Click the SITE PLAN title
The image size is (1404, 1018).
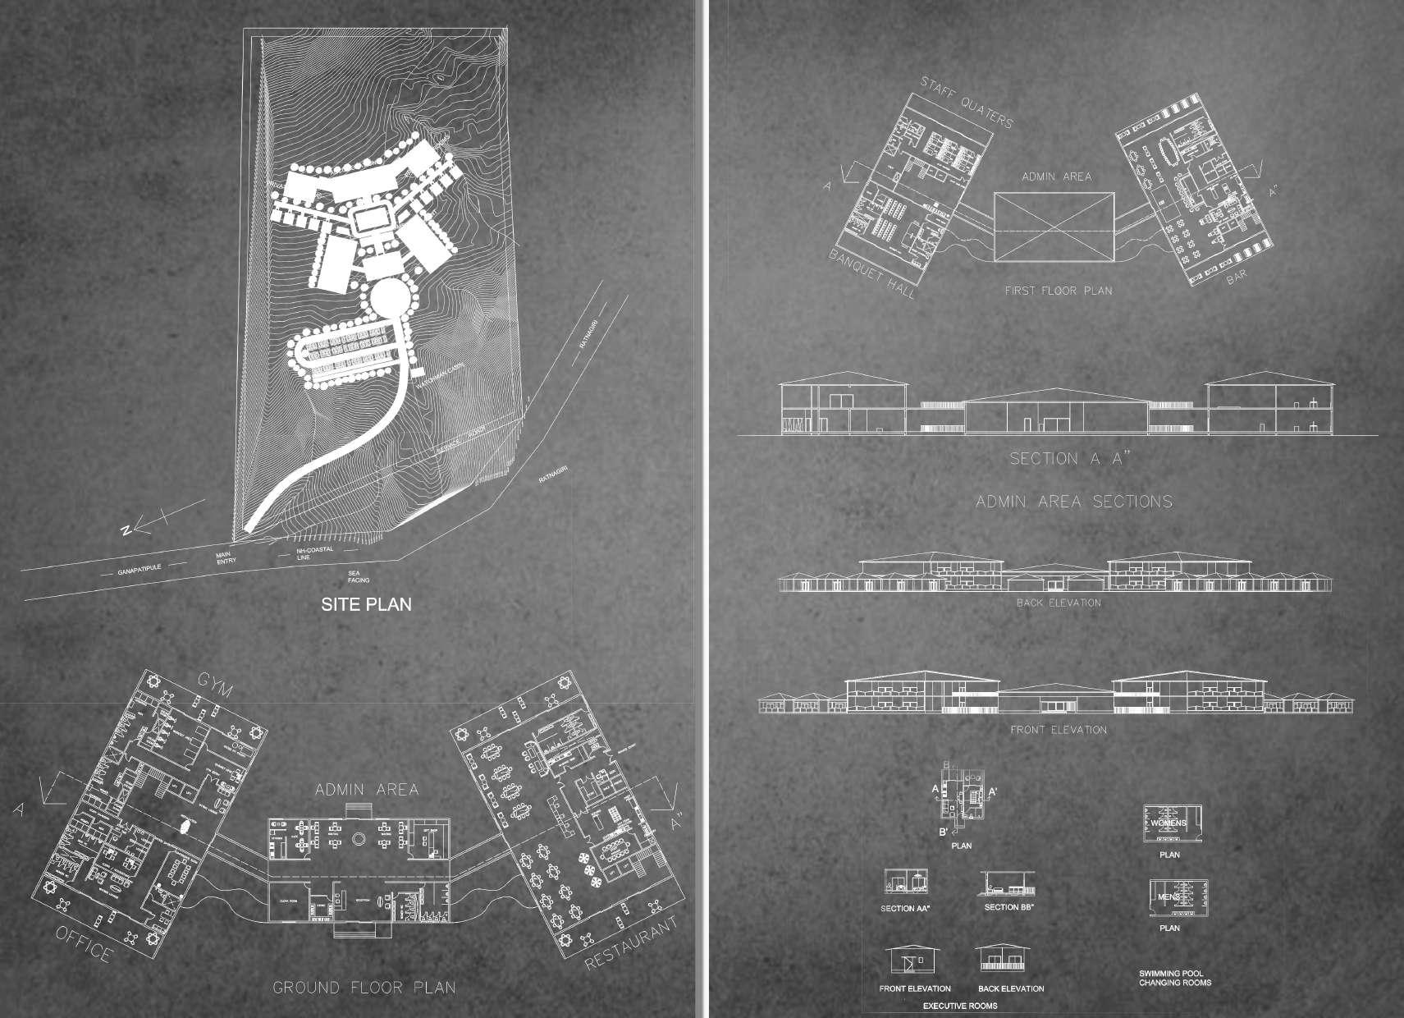(365, 605)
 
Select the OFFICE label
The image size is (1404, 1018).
(84, 943)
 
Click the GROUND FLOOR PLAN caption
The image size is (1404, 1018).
(364, 988)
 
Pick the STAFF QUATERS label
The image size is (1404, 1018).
(967, 102)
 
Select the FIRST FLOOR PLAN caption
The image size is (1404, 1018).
(1059, 291)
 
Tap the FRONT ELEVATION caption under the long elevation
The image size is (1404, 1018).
(1058, 729)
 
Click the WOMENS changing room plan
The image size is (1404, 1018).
(1168, 823)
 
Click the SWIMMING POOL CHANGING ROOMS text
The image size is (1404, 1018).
(1174, 978)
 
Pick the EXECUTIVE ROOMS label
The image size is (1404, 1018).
(960, 1006)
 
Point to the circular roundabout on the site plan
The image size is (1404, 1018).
(386, 300)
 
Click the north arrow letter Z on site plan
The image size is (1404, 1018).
(126, 531)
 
